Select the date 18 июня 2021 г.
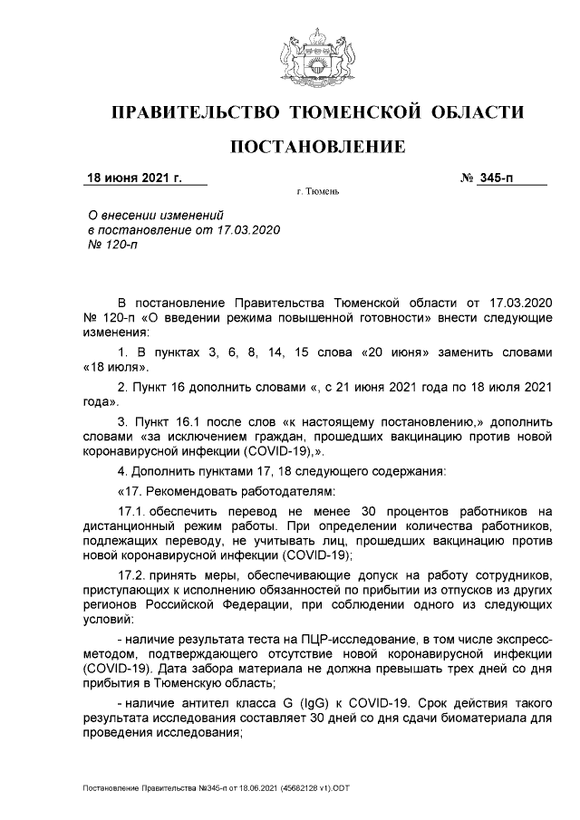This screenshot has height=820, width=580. [133, 178]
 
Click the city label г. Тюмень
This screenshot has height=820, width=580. [318, 193]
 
